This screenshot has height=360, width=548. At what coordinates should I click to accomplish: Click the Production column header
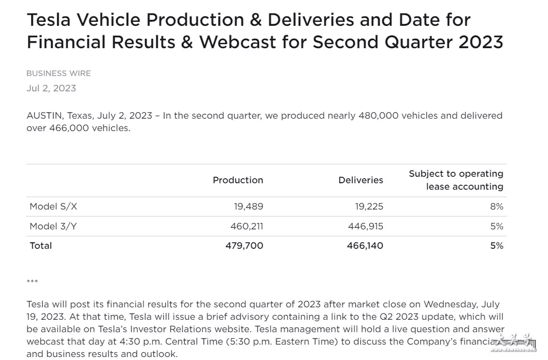238,180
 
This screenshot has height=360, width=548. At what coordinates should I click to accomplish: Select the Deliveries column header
360,180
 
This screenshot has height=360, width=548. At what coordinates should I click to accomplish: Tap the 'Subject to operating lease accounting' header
456,180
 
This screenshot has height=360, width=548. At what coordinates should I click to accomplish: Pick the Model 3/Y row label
53,226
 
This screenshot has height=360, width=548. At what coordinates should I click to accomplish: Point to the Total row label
41,246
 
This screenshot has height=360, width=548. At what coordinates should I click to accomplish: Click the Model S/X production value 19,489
248,207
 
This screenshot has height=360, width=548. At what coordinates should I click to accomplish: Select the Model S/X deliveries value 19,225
368,207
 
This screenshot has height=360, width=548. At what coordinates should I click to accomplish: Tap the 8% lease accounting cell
496,207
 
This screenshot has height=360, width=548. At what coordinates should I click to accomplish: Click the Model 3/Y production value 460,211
247,226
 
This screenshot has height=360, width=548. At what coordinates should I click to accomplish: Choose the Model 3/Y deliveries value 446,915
366,226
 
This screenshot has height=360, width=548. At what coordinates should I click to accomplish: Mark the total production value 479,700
244,246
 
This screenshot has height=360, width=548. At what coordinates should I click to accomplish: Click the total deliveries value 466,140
365,246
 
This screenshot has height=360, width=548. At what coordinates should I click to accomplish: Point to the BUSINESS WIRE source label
59,73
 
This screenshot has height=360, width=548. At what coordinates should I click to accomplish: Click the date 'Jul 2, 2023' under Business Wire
51,88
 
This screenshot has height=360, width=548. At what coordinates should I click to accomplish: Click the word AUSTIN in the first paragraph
44,116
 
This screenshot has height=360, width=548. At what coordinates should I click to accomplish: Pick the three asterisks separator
32,282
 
